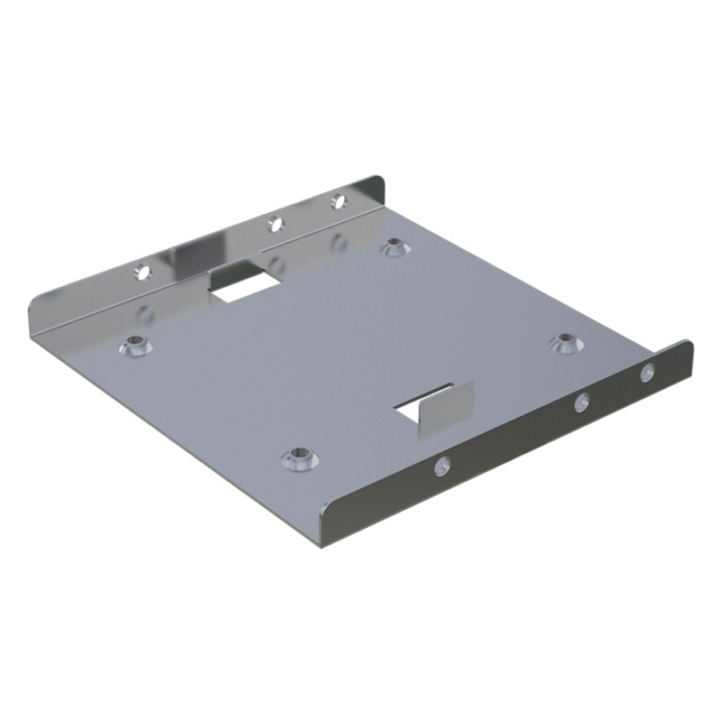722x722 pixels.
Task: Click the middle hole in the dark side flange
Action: coord(582,403)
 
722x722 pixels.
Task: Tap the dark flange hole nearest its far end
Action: coord(647,372)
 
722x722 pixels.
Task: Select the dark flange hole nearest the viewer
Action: coord(442,466)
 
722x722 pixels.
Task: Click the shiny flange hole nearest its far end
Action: coord(338,200)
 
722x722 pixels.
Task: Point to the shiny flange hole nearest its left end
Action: coord(142,271)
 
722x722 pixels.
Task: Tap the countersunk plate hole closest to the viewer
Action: coord(298,458)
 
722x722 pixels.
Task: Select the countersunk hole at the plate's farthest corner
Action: coord(393,245)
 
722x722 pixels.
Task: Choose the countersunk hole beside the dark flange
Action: coord(565,341)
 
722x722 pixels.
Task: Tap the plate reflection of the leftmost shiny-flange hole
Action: coord(144,313)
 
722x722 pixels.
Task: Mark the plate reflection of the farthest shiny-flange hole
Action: coord(339,242)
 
